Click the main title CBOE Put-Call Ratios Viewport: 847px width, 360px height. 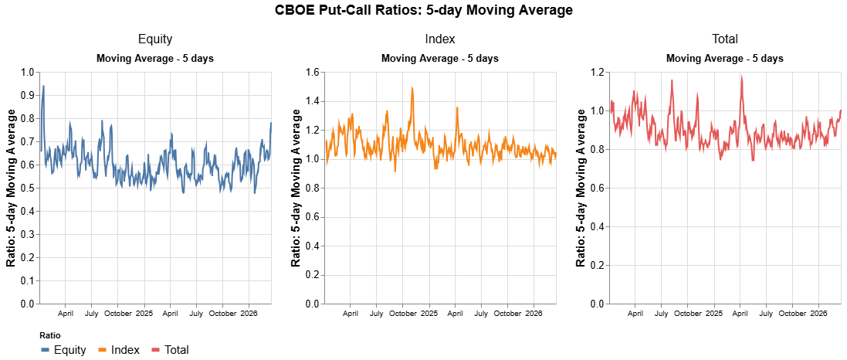(424, 11)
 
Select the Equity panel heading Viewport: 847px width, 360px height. (155, 39)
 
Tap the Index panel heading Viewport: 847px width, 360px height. (440, 39)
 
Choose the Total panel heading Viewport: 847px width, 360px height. (725, 39)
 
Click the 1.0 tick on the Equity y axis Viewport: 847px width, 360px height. (28, 73)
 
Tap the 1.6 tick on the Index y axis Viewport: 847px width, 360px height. (313, 73)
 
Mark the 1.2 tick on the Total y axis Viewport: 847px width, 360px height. (598, 73)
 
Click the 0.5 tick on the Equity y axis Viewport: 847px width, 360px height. (28, 188)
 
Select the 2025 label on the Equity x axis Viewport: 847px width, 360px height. (145, 314)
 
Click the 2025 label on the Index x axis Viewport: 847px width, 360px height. (430, 314)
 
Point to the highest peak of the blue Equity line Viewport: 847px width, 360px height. (44, 86)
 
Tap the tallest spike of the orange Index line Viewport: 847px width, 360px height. (412, 87)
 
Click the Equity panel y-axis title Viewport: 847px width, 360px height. (12, 188)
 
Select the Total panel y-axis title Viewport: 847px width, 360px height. (581, 188)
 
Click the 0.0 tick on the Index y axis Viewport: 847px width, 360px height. (313, 304)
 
